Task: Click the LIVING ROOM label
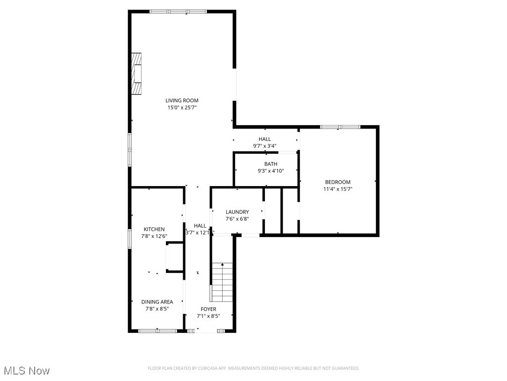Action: pyautogui.click(x=182, y=101)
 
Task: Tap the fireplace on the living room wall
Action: pyautogui.click(x=136, y=73)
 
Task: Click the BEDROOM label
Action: pyautogui.click(x=338, y=182)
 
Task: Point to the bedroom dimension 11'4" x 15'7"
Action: pyautogui.click(x=338, y=189)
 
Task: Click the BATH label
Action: pyautogui.click(x=270, y=164)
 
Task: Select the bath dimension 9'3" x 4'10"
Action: pyautogui.click(x=270, y=171)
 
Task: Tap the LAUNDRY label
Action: pyautogui.click(x=237, y=212)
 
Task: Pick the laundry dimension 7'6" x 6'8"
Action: pyautogui.click(x=237, y=219)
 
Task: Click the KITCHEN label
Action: pyautogui.click(x=154, y=229)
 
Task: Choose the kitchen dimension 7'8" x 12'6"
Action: pyautogui.click(x=154, y=236)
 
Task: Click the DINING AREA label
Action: pyautogui.click(x=157, y=302)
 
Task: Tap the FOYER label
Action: pyautogui.click(x=208, y=309)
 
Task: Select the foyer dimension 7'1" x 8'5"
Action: pyautogui.click(x=208, y=316)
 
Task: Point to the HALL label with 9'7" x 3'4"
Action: pyautogui.click(x=264, y=139)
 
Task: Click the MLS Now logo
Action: pyautogui.click(x=27, y=371)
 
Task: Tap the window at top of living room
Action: pyautogui.click(x=178, y=11)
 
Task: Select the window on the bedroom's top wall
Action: pyautogui.click(x=340, y=127)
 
